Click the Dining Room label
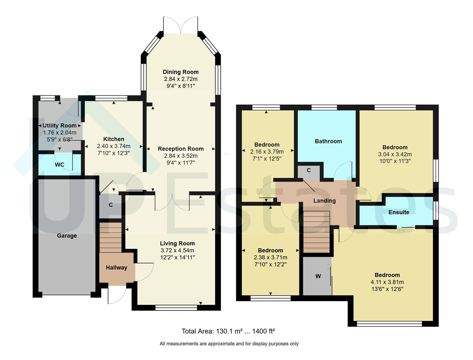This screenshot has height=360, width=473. pyautogui.click(x=181, y=72)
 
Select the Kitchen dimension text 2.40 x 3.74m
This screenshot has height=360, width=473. pyautogui.click(x=114, y=146)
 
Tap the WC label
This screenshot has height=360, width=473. pyautogui.click(x=60, y=165)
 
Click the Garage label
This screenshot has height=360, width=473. pyautogui.click(x=67, y=236)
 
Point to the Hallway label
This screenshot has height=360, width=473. pyautogui.click(x=117, y=267)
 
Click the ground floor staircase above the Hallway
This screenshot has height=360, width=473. pyautogui.click(x=111, y=237)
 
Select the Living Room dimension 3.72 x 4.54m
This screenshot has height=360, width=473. pyautogui.click(x=177, y=251)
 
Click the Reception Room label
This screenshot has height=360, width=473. pyautogui.click(x=181, y=149)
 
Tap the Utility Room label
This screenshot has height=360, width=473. pyautogui.click(x=60, y=126)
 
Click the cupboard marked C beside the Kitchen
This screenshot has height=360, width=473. pyautogui.click(x=111, y=205)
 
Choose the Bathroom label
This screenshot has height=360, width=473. pyautogui.click(x=328, y=141)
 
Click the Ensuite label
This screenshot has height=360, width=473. pyautogui.click(x=399, y=212)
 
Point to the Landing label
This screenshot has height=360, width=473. pyautogui.click(x=324, y=201)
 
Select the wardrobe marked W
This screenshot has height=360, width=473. pyautogui.click(x=318, y=276)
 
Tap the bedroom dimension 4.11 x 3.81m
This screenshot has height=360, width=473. pyautogui.click(x=387, y=282)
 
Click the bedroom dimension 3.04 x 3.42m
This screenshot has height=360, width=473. pyautogui.click(x=395, y=154)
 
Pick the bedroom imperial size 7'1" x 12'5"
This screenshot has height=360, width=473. pyautogui.click(x=267, y=159)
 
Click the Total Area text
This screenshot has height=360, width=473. pyautogui.click(x=228, y=331)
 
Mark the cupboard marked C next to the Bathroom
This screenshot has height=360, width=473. pyautogui.click(x=309, y=170)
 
